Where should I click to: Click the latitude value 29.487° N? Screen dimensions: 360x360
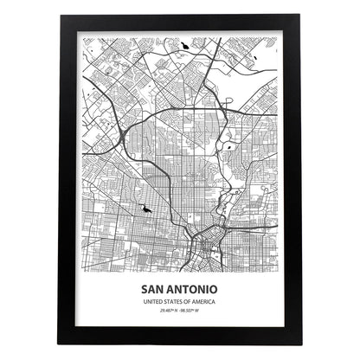[x=166, y=311]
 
